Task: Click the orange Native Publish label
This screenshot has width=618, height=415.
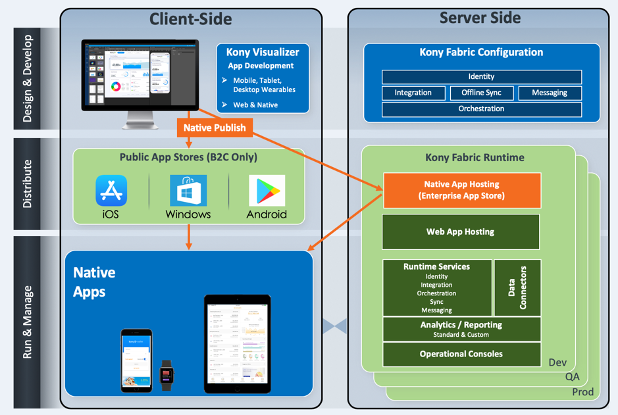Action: [215, 128]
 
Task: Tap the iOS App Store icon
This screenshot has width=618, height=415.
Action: [111, 191]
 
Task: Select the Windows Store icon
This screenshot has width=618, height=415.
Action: [188, 191]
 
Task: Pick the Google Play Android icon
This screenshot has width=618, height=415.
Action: [267, 191]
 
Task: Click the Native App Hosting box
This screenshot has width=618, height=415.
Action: [462, 190]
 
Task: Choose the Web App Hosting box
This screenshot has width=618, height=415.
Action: [461, 232]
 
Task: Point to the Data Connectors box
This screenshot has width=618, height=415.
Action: [517, 287]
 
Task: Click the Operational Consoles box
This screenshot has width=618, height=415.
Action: [461, 354]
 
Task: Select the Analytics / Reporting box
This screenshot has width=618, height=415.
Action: [461, 329]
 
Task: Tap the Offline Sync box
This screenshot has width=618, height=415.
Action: [482, 93]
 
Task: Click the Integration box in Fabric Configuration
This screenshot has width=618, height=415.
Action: [413, 93]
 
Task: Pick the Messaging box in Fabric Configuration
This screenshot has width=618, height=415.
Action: [550, 93]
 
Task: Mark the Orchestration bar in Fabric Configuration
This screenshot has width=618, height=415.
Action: [482, 109]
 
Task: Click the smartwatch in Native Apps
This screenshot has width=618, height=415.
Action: [167, 375]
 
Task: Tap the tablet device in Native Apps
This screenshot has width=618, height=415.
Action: [237, 344]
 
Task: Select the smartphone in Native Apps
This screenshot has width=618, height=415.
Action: [136, 360]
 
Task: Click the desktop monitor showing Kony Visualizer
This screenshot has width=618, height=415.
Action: [140, 75]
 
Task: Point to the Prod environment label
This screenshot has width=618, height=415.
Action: [582, 392]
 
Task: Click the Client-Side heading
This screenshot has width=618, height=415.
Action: [191, 19]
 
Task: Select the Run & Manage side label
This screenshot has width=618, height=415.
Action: [28, 322]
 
